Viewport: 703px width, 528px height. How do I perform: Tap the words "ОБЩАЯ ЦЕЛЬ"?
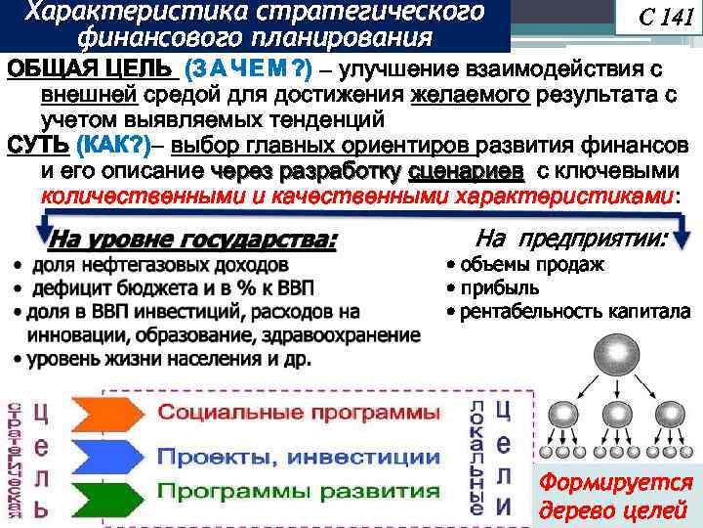point(92,69)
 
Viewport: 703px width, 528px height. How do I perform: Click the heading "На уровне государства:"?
point(191,240)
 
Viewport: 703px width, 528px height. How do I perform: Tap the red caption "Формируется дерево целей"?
point(616,496)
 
